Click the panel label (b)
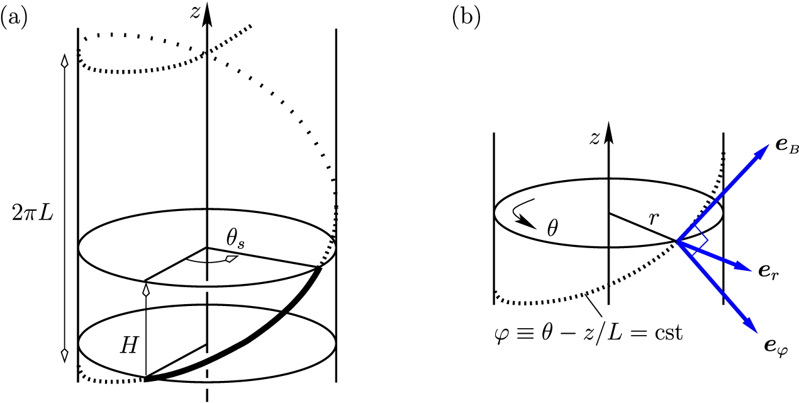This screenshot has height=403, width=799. point(466,18)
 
